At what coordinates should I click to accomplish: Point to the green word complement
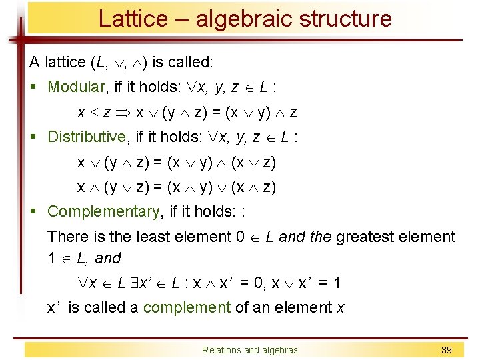187,307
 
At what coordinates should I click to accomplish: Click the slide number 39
446,350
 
